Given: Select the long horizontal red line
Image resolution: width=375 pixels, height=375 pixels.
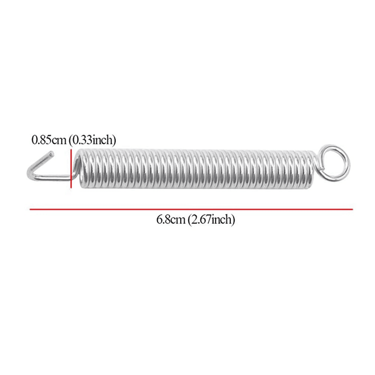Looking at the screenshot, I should (191, 209).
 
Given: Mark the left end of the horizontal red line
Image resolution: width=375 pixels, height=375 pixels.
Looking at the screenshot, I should (30, 209).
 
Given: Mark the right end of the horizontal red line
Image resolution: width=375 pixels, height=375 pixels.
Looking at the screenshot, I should (352, 209).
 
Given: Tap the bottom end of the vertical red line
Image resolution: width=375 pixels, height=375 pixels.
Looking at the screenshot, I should (70, 186).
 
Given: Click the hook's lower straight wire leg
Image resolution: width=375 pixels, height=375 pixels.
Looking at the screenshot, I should (52, 177).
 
